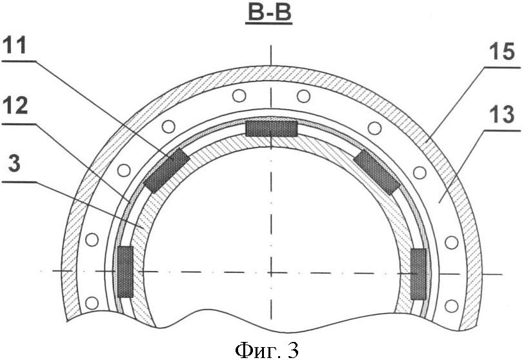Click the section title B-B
[269, 13]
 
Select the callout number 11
[14, 45]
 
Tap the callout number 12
[15, 106]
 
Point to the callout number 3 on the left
[14, 165]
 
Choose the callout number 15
[501, 52]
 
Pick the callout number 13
[502, 115]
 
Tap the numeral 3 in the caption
[293, 350]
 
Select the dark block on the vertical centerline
[271, 128]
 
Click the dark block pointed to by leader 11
[166, 170]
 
